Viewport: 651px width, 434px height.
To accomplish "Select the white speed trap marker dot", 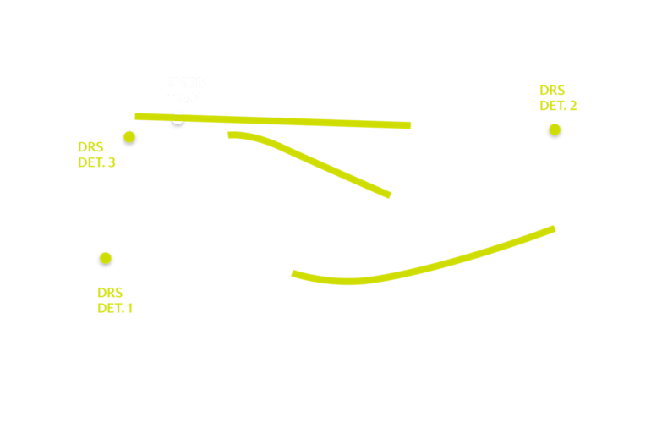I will click(x=178, y=118).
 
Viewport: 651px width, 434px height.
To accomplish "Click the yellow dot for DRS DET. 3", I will click(x=129, y=136).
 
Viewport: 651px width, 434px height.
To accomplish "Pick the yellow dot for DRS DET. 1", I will click(x=106, y=257).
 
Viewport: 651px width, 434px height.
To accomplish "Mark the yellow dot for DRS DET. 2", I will click(x=555, y=129).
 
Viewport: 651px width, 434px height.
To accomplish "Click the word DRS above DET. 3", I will click(x=90, y=147).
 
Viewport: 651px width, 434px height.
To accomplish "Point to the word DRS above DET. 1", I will click(x=110, y=293).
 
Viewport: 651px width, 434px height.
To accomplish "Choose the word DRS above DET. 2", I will click(x=552, y=91).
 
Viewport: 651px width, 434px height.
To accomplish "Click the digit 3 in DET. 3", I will click(x=112, y=162).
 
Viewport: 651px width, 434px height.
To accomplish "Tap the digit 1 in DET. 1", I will click(x=130, y=309).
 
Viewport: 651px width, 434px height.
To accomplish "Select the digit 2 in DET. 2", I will click(x=572, y=106).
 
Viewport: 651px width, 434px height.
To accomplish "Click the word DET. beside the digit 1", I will click(x=111, y=309).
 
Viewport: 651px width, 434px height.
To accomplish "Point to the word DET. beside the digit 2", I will click(x=553, y=106).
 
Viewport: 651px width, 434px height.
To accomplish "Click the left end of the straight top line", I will click(x=136, y=116).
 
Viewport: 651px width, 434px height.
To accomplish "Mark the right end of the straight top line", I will click(x=409, y=125).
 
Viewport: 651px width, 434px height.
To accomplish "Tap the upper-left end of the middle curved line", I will click(x=229, y=134).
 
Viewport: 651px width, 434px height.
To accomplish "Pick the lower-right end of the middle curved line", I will click(x=389, y=195).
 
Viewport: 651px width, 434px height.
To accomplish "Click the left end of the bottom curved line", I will click(x=293, y=273).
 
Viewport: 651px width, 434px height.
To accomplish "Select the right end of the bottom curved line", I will click(x=554, y=228).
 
